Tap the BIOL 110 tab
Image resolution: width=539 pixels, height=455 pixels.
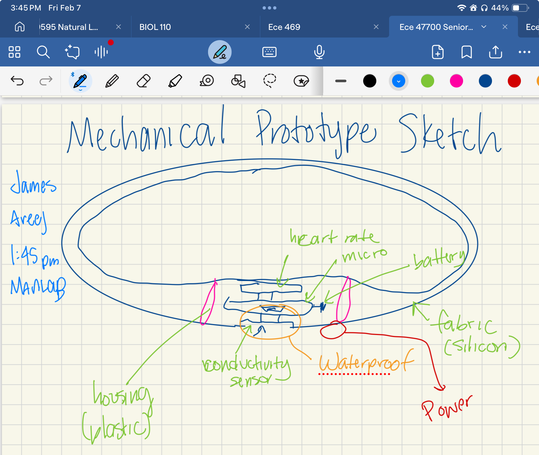155,27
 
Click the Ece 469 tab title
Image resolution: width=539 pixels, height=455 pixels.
284,27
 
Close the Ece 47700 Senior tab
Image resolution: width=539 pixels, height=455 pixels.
505,27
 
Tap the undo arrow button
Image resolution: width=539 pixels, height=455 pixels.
17,81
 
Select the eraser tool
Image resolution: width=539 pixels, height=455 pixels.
143,81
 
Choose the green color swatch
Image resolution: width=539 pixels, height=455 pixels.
427,81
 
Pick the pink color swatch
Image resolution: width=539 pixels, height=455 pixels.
456,81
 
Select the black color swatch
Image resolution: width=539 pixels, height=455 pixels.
369,81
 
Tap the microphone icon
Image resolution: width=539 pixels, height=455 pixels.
319,52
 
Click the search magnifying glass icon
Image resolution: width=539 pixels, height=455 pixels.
43,52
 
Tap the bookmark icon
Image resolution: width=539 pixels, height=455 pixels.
466,52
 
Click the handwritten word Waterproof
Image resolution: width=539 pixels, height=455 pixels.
365,362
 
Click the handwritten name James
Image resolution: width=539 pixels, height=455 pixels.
33,184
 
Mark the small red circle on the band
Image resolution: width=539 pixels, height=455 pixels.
333,330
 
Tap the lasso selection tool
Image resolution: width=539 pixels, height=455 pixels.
269,81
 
